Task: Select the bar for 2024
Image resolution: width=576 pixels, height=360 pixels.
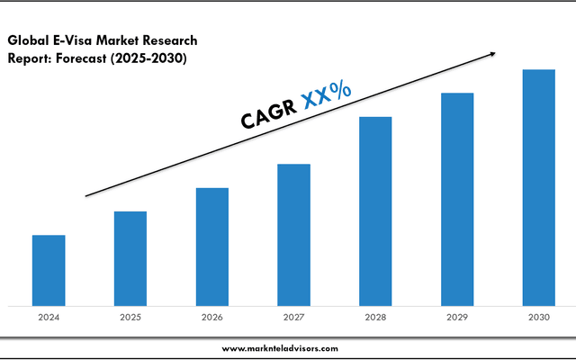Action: click(x=49, y=270)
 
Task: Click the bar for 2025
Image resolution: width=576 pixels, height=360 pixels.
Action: click(x=130, y=258)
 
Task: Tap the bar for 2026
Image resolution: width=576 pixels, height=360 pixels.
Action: click(x=212, y=247)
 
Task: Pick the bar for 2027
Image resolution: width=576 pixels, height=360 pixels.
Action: click(x=293, y=234)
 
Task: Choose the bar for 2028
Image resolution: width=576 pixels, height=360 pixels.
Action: click(x=375, y=211)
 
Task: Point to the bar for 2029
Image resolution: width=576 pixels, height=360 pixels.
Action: click(x=457, y=199)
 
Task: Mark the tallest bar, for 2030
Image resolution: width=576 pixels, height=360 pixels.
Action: click(x=539, y=187)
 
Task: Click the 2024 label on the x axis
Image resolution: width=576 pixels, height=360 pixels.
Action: click(x=49, y=317)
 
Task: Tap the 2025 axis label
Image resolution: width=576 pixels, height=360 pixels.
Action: click(x=130, y=317)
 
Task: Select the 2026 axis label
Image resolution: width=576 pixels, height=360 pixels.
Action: click(x=212, y=317)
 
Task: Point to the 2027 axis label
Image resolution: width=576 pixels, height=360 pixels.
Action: click(x=293, y=317)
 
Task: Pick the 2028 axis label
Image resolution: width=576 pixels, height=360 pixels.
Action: click(x=375, y=317)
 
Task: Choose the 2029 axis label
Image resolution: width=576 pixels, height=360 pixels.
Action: click(x=457, y=317)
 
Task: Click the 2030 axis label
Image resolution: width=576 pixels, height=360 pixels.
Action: click(x=539, y=317)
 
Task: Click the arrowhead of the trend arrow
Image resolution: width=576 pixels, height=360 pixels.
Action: click(x=491, y=54)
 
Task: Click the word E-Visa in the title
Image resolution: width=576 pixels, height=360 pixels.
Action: click(x=76, y=40)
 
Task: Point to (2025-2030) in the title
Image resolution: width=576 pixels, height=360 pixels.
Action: click(x=160, y=58)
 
